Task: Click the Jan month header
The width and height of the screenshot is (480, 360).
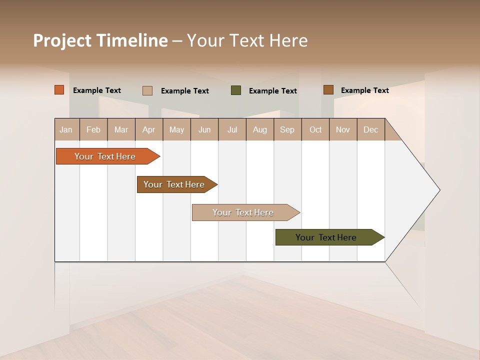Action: coord(66,129)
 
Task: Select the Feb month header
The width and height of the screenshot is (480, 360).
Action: coord(93,129)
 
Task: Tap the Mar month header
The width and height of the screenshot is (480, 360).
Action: coord(121,129)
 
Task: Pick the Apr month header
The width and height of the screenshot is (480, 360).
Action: coord(149,129)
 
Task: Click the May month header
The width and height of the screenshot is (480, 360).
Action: coord(176,129)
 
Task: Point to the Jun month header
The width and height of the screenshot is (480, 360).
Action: coord(204,129)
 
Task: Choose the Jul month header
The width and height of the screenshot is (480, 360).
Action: coord(232,129)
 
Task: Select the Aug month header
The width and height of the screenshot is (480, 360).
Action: coord(260,129)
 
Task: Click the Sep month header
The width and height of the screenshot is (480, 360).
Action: coord(287,129)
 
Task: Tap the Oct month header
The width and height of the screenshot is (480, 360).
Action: coord(315,129)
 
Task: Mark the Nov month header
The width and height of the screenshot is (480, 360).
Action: coord(343,129)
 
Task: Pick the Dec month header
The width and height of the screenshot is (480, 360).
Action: coord(371,129)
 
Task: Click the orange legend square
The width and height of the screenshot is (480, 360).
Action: coord(59,90)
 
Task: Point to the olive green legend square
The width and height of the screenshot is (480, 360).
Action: coord(236,90)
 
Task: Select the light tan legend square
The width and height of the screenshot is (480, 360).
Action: coord(147,90)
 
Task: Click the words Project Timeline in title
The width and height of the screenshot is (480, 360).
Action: coord(100,40)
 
